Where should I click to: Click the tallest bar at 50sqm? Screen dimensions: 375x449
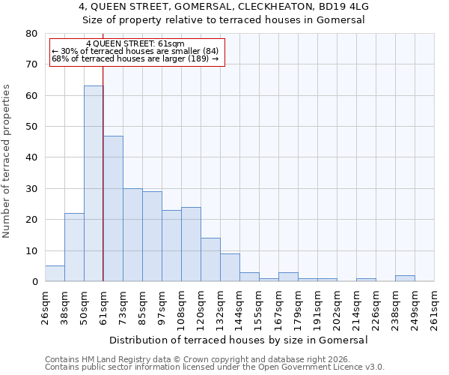point(94,184)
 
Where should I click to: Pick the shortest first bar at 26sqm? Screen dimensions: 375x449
point(55,274)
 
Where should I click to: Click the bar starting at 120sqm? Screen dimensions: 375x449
point(210,259)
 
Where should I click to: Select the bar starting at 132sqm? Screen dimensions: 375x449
point(230,268)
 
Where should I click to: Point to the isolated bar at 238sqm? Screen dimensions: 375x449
point(405,278)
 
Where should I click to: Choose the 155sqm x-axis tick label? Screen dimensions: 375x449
point(259,307)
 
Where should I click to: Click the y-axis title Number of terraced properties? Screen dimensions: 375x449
point(7,160)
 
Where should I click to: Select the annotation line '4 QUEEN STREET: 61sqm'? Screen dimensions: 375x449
point(135,44)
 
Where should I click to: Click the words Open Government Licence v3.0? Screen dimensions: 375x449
point(323,367)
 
